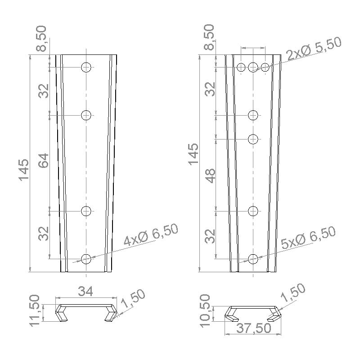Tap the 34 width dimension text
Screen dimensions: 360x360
tap(85, 292)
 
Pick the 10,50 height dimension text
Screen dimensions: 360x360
tap(205, 309)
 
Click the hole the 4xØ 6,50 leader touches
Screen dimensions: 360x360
tap(86, 259)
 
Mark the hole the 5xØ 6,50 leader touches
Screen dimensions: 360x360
tap(253, 259)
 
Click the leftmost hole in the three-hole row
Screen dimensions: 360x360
tap(242, 67)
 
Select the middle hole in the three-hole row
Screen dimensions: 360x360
tap(253, 67)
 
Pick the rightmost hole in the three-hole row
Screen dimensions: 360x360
tap(265, 67)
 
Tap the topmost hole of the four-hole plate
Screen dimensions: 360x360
tap(86, 67)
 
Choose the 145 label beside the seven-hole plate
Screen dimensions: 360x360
tap(193, 154)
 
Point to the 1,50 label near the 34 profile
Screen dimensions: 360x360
tap(133, 300)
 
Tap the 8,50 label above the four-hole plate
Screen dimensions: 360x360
tap(41, 39)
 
